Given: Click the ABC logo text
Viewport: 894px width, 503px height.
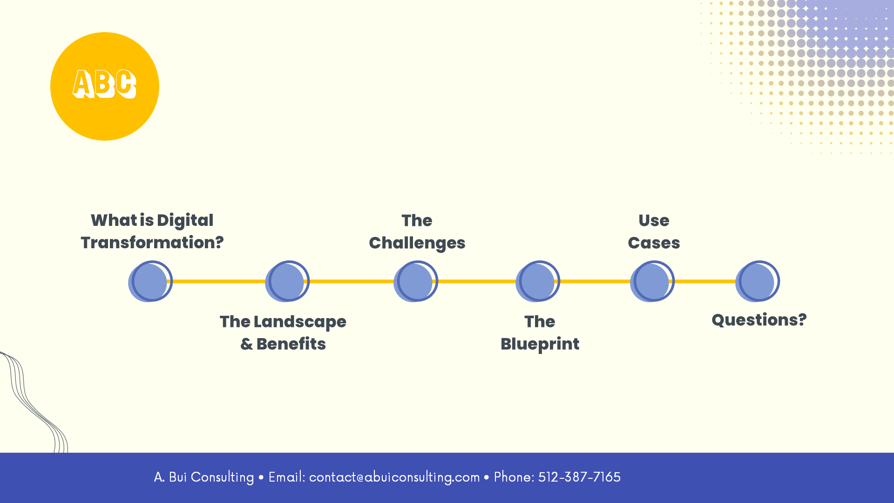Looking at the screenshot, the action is point(104,84).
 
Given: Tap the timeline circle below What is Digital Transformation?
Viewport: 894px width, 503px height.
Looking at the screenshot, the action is point(150,281).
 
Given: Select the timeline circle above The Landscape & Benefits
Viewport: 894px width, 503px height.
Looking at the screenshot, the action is point(287,281).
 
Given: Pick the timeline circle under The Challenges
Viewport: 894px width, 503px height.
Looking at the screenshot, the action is point(416,281).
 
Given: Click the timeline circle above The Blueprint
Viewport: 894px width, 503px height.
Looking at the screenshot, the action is point(538,281).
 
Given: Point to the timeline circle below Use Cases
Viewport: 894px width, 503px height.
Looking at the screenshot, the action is point(652,281).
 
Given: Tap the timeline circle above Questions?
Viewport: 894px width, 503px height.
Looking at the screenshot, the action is point(758,281).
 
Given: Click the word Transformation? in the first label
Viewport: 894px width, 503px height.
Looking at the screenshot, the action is point(152,243).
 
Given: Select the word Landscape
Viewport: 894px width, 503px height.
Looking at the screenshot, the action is point(300,322).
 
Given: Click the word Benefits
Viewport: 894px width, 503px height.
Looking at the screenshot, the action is point(291,344).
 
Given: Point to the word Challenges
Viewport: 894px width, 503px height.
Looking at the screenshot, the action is point(417,243).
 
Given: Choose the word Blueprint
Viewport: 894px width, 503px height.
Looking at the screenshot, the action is point(540,344).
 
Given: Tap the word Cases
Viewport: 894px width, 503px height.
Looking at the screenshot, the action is point(654,243).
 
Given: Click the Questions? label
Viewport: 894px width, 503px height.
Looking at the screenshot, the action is point(759,320).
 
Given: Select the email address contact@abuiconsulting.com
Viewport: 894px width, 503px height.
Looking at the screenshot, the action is point(394,477).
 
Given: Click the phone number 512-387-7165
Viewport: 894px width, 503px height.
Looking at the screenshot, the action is point(579,477).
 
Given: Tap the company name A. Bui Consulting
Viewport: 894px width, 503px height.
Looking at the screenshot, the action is point(204,477).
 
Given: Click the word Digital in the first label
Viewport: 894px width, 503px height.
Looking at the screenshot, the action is point(185,221).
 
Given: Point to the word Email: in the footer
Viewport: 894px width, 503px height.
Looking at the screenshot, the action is point(287,477).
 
